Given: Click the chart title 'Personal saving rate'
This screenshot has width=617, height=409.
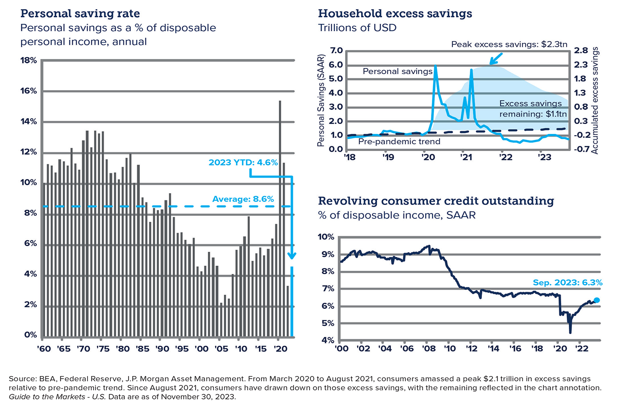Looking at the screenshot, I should pyautogui.click(x=80, y=13).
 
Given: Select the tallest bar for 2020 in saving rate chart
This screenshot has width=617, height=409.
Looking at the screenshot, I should pyautogui.click(x=280, y=217).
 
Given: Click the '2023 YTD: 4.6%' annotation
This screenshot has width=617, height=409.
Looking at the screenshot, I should pyautogui.click(x=243, y=162).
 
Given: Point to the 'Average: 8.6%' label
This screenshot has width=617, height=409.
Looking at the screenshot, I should pyautogui.click(x=243, y=199).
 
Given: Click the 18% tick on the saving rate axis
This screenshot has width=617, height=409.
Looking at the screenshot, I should pyautogui.click(x=29, y=60).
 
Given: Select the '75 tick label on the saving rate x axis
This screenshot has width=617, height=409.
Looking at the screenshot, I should pyautogui.click(x=102, y=349).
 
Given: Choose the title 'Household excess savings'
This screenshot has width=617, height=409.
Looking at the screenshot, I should pyautogui.click(x=395, y=13).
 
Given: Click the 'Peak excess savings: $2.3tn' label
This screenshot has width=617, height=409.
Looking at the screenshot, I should pyautogui.click(x=509, y=44).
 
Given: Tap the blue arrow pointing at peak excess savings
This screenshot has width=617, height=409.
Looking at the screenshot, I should pyautogui.click(x=496, y=58).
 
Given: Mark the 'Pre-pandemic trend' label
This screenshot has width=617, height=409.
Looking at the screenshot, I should pyautogui.click(x=399, y=142).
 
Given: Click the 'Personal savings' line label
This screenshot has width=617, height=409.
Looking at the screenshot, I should pyautogui.click(x=397, y=71).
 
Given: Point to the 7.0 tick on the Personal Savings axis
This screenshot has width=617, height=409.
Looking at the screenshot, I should pyautogui.click(x=336, y=51).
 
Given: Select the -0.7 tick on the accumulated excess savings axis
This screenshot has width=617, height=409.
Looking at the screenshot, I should pyautogui.click(x=581, y=149).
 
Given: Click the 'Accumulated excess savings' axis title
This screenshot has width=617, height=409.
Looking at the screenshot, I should pyautogui.click(x=595, y=101).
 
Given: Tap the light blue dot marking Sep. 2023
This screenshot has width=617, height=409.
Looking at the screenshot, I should pyautogui.click(x=597, y=300).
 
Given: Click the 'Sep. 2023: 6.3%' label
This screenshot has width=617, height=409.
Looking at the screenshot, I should pyautogui.click(x=567, y=282).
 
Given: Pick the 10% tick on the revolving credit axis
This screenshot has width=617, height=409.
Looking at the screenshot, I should pyautogui.click(x=326, y=237).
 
